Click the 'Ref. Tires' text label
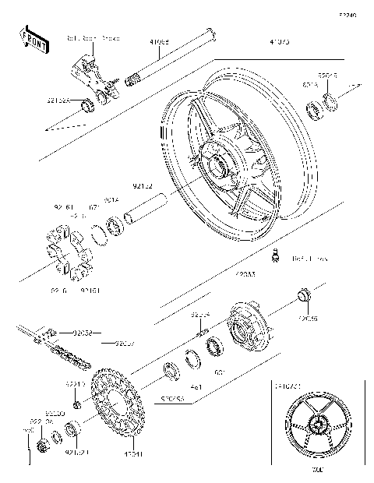309,257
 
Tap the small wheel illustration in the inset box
316,428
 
